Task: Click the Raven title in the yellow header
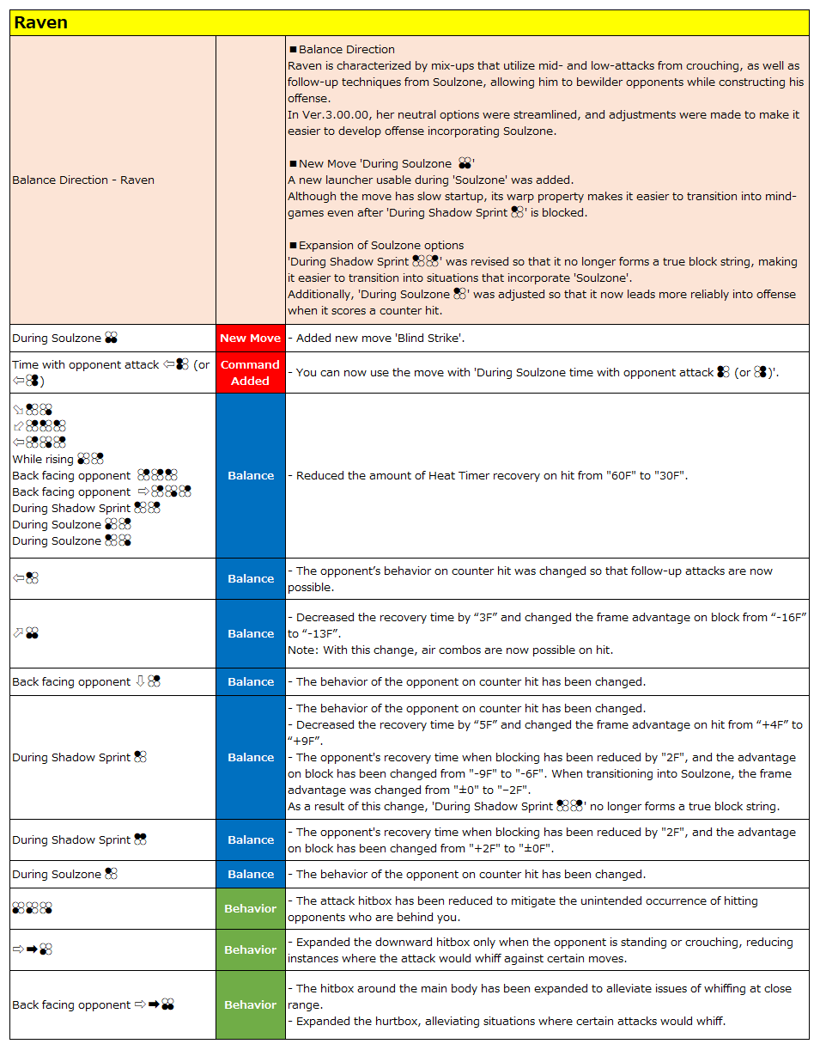[41, 23]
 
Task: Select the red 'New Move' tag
[250, 339]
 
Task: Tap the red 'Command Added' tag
[250, 373]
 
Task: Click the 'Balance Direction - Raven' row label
[83, 180]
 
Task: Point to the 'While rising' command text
[43, 460]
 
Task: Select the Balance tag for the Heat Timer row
[250, 476]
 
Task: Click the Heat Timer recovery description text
[492, 476]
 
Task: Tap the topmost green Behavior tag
[250, 909]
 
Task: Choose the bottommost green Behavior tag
[250, 1005]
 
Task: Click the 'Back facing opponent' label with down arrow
[71, 682]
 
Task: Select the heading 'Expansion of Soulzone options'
[380, 245]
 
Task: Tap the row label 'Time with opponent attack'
[86, 365]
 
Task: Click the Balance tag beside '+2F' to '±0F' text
[250, 840]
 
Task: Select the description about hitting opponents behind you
[522, 909]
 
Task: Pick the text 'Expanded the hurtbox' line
[506, 1022]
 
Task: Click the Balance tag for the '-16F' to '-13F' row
[250, 634]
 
